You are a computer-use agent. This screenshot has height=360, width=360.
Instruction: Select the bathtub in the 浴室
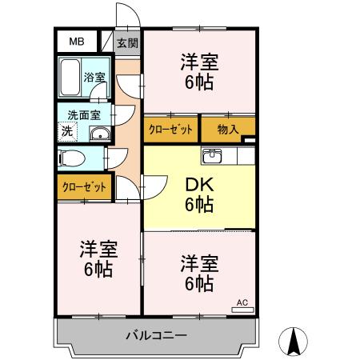(x=71, y=78)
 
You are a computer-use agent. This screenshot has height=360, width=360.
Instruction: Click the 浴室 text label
(x=94, y=78)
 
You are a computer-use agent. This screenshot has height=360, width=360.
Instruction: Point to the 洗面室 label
(x=83, y=114)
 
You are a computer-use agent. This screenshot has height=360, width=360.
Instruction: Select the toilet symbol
(x=70, y=158)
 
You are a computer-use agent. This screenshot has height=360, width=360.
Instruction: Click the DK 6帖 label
(x=199, y=194)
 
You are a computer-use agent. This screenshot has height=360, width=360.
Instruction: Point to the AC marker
(x=242, y=303)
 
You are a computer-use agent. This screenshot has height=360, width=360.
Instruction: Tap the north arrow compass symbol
(x=294, y=342)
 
